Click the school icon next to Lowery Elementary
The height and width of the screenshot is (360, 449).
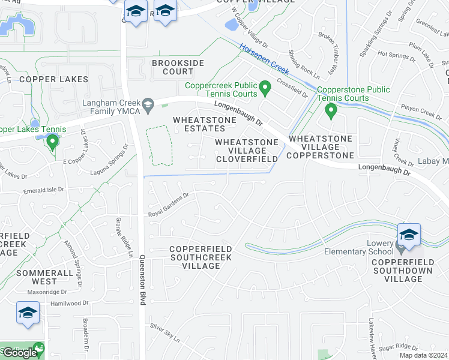[x=409, y=235]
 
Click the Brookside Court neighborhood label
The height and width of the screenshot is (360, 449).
[x=178, y=67]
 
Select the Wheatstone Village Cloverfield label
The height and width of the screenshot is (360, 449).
[x=247, y=151]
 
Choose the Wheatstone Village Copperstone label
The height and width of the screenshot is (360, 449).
[x=321, y=147]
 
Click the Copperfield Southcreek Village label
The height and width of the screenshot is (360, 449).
[x=200, y=257]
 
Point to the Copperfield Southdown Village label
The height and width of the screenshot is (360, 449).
[x=405, y=271]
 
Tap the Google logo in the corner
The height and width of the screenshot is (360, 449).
[x=19, y=353]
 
